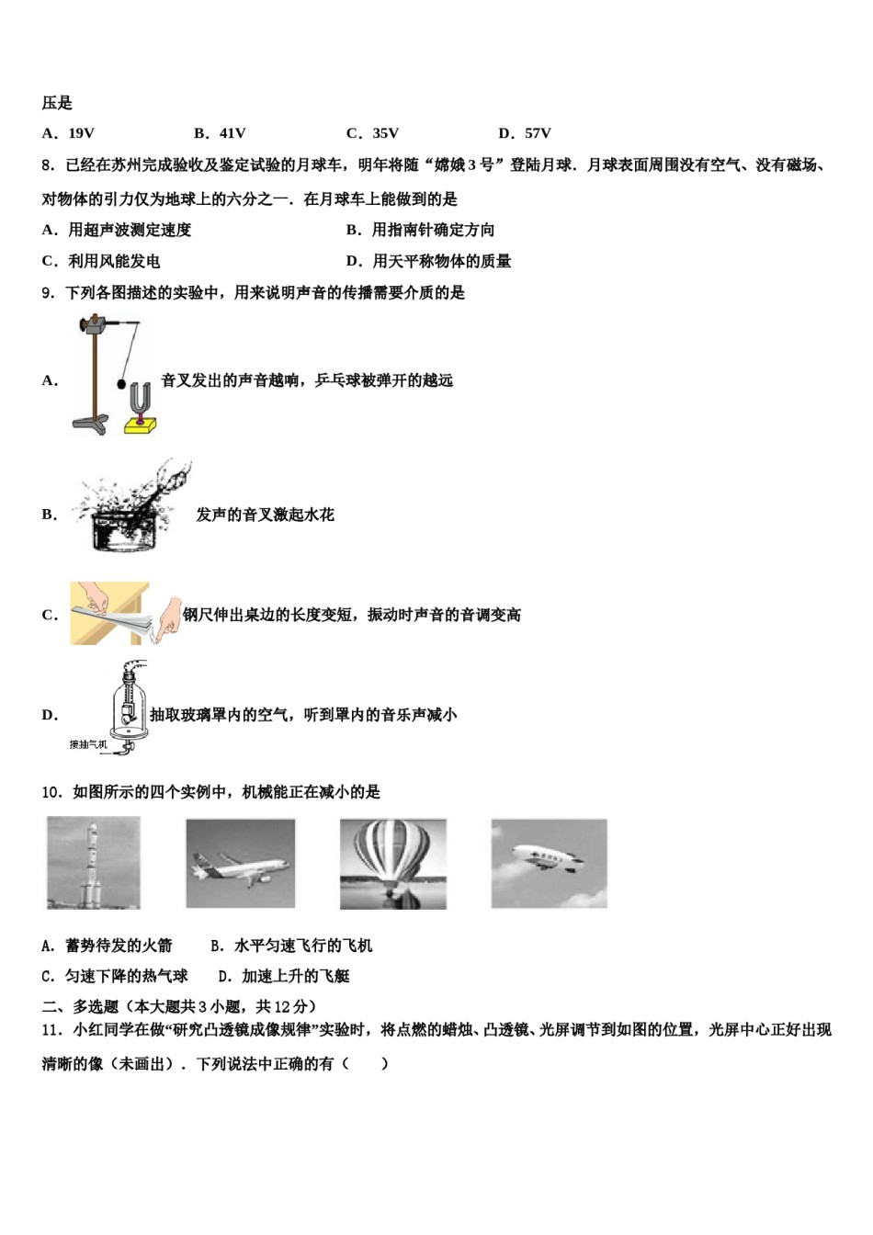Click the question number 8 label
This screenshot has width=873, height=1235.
click(x=48, y=165)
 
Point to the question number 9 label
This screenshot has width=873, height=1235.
click(x=48, y=293)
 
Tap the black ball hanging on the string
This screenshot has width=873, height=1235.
click(x=121, y=384)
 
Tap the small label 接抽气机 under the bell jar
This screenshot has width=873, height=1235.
click(x=88, y=744)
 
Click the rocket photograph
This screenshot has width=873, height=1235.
click(x=94, y=864)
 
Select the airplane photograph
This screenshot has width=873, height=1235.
click(x=241, y=864)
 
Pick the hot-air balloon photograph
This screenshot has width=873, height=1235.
click(x=393, y=864)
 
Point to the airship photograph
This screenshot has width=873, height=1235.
click(x=549, y=864)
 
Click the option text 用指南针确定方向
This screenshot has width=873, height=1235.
click(x=432, y=230)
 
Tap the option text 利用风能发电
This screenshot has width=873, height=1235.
click(x=113, y=261)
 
